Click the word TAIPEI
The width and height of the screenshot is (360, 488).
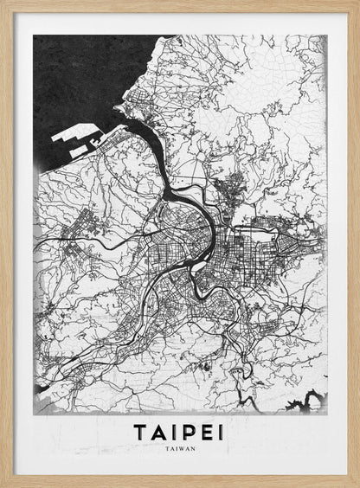point(178,431)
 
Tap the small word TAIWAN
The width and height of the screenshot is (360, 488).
point(178,448)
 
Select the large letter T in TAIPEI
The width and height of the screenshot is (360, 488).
point(140,431)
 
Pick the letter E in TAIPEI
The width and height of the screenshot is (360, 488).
point(204,431)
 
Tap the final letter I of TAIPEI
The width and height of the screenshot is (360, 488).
point(219,431)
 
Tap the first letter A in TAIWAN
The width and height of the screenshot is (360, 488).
point(168,448)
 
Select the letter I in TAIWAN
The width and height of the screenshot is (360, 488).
point(173,448)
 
